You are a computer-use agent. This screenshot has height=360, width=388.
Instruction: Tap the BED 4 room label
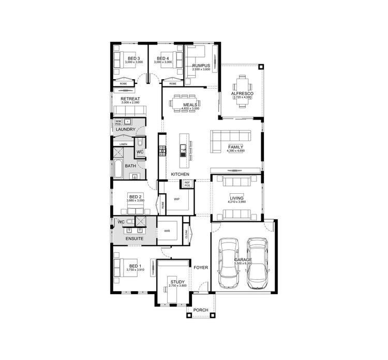click(x=163, y=59)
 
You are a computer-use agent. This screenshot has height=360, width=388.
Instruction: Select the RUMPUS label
click(x=200, y=66)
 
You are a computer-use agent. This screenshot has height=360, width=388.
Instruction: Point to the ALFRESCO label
click(x=242, y=93)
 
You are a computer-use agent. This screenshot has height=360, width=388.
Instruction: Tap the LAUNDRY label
click(x=126, y=129)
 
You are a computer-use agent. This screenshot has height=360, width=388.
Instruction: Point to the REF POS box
click(x=187, y=184)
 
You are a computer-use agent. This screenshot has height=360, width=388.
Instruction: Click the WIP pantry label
click(x=176, y=199)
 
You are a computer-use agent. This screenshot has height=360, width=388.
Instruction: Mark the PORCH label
click(x=200, y=310)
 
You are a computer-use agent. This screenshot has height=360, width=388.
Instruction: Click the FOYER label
click(x=200, y=268)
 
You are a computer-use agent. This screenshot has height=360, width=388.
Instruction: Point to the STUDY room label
click(x=177, y=282)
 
